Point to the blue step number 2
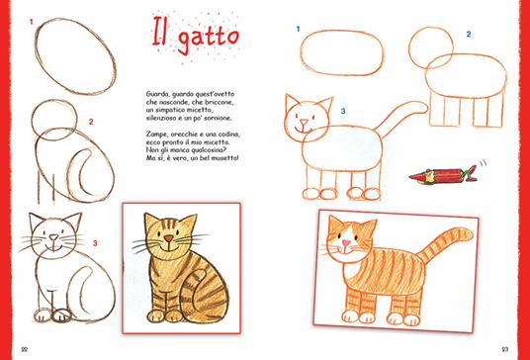[x=468, y=35]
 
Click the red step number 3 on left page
[x=95, y=241]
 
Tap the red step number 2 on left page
[x=91, y=123]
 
